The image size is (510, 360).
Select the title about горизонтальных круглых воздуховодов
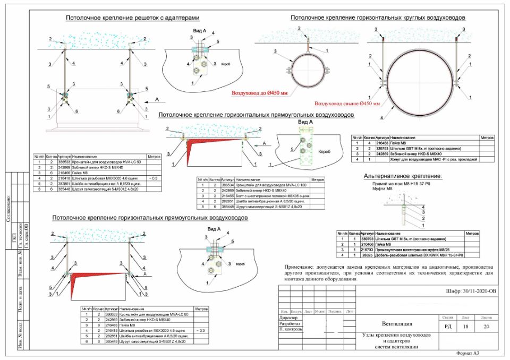tap(378, 18)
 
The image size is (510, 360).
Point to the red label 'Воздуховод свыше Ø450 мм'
tap(347, 103)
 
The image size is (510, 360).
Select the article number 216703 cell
tap(382, 249)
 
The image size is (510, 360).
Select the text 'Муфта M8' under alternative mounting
tap(381, 188)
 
